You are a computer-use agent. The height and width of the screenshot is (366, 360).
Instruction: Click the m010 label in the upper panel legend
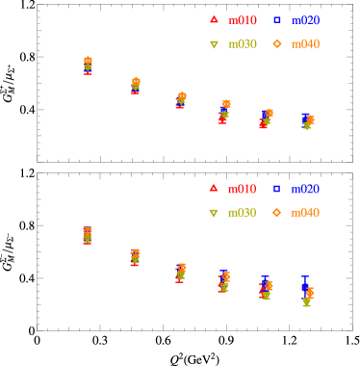[x=243, y=20]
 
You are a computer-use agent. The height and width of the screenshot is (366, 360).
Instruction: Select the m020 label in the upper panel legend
[x=305, y=20]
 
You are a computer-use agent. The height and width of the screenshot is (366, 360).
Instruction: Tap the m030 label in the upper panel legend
[x=243, y=44]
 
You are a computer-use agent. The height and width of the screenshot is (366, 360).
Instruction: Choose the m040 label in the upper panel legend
[x=305, y=44]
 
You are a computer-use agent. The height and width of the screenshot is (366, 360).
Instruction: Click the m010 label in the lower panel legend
[x=243, y=189]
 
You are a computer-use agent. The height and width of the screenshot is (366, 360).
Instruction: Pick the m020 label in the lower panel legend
[x=305, y=189]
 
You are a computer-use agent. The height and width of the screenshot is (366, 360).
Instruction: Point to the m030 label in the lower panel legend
[x=243, y=213]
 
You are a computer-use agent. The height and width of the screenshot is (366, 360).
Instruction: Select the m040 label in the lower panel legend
[x=305, y=213]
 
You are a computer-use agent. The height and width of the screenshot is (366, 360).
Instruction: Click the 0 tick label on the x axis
[x=38, y=171]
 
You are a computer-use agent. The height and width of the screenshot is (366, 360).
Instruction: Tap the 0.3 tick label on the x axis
[x=100, y=171]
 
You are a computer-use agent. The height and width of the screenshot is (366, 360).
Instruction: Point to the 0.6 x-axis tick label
[x=164, y=171]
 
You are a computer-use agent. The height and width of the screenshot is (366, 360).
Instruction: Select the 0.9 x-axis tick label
[x=226, y=171]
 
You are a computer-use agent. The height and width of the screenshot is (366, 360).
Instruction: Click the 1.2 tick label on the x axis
[x=290, y=171]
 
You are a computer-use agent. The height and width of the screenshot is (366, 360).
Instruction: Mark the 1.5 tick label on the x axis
[x=352, y=171]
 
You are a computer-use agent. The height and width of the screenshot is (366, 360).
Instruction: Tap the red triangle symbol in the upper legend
[x=214, y=19]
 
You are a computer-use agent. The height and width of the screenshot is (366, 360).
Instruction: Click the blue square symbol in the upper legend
[x=277, y=19]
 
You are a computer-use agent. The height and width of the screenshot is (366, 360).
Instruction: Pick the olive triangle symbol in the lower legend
[x=214, y=213]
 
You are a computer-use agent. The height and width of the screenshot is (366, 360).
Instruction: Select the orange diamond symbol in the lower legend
[x=277, y=212]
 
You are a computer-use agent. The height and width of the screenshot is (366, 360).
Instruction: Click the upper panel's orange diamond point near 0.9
[x=226, y=104]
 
